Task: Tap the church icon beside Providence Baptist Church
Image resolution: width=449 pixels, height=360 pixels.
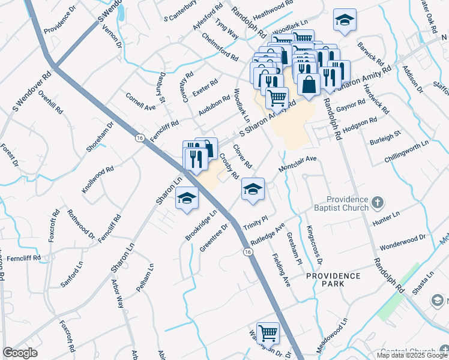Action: pos(376,201)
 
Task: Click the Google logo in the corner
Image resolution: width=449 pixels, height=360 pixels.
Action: pos(20,353)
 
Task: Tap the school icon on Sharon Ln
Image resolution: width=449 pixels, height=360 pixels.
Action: pos(187,198)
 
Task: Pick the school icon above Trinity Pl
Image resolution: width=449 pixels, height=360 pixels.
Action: pos(253,189)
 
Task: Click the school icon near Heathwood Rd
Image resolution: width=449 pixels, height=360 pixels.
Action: pos(345,20)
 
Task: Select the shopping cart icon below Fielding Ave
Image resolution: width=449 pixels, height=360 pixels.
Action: pos(267,332)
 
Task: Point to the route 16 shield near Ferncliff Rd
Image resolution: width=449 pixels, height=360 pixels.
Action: pos(139,137)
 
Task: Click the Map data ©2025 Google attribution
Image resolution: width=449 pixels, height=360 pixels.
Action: pos(412,355)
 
